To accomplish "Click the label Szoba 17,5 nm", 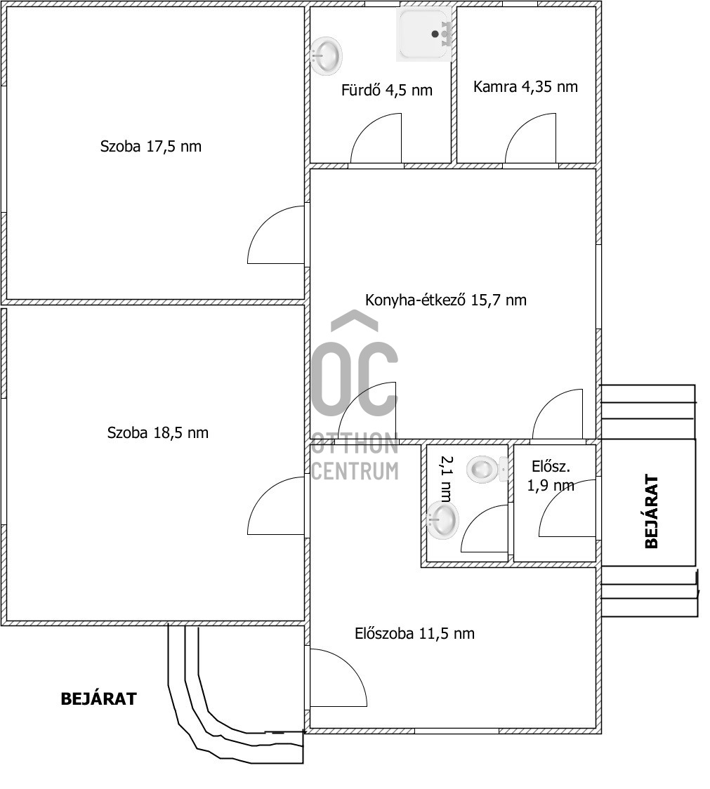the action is pyautogui.click(x=150, y=147).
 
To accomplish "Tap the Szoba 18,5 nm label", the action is pyautogui.click(x=157, y=432).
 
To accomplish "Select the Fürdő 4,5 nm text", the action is pyautogui.click(x=387, y=90).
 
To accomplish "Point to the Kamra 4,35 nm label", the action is pyautogui.click(x=525, y=86).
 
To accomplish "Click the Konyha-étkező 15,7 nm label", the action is pyautogui.click(x=446, y=300).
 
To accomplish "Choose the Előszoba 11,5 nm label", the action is pyautogui.click(x=414, y=633).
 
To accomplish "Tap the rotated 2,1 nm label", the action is pyautogui.click(x=446, y=479).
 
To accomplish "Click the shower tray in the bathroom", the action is pyautogui.click(x=423, y=34).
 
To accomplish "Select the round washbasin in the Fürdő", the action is pyautogui.click(x=327, y=55).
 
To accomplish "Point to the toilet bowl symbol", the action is pyautogui.click(x=487, y=470).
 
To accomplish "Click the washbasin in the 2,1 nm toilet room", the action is pyautogui.click(x=442, y=520).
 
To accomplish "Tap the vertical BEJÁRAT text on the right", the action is pyautogui.click(x=651, y=511).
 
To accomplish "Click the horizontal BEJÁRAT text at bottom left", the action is pyautogui.click(x=99, y=699).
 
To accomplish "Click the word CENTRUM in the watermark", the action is pyautogui.click(x=355, y=470).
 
